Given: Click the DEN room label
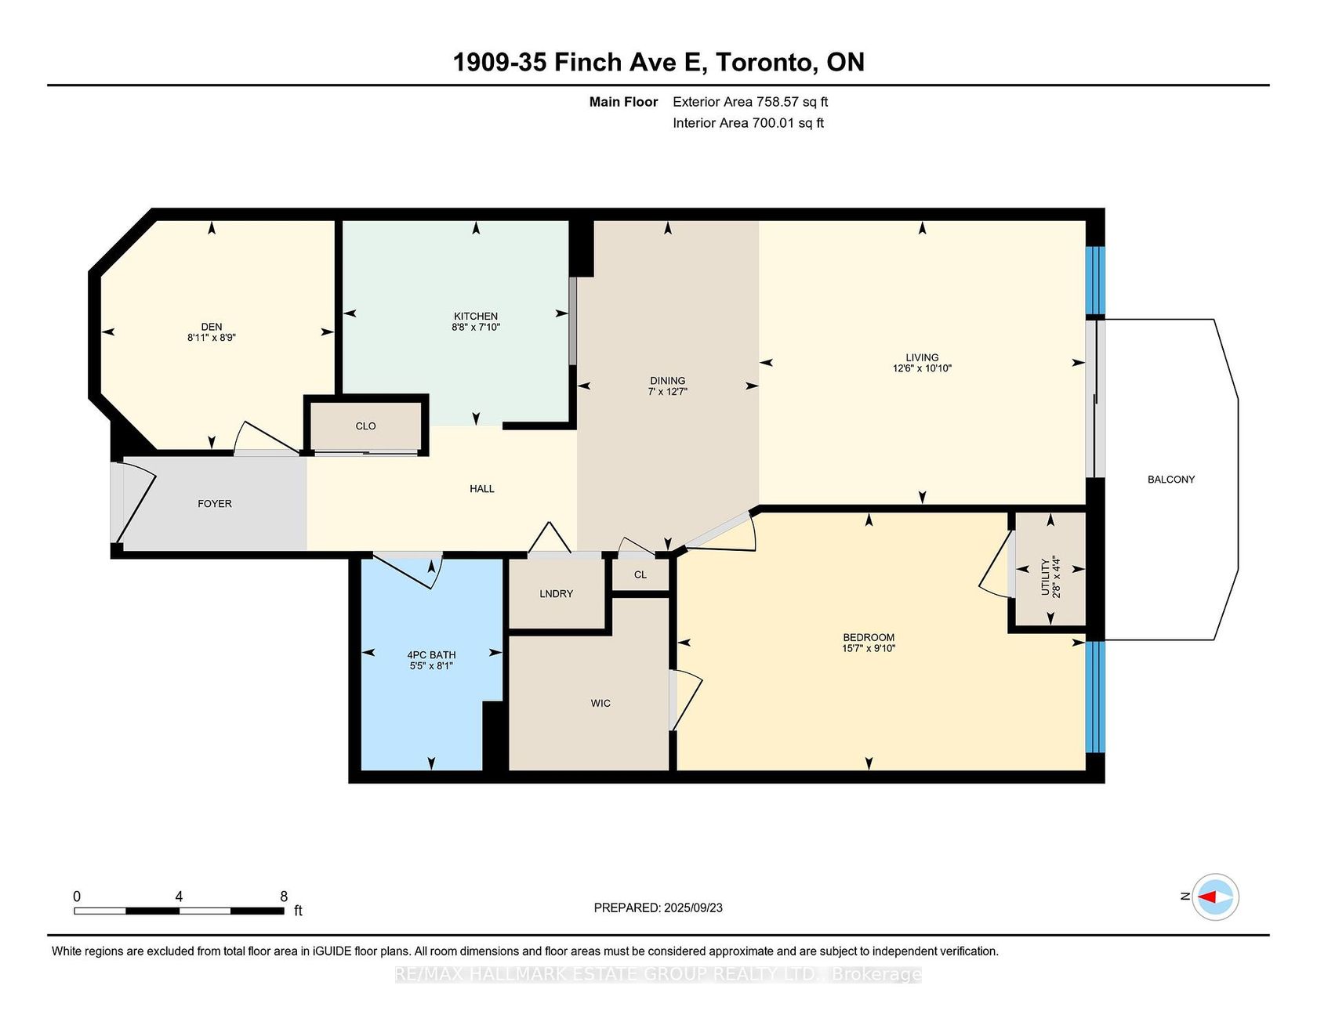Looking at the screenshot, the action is (212, 327).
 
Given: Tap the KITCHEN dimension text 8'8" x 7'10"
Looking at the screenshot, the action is (476, 327).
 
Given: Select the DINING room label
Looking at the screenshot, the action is (668, 381).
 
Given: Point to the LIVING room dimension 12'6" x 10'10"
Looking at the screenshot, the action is (922, 368).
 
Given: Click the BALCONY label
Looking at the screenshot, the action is (1171, 480).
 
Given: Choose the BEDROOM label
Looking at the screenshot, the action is (869, 637).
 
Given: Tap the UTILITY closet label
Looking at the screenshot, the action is (1045, 577).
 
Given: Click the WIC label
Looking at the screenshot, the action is (600, 703).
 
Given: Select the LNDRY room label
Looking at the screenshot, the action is (557, 593).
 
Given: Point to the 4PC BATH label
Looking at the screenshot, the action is (431, 654).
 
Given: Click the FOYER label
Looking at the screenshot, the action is (215, 503).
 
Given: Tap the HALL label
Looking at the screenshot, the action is (482, 488).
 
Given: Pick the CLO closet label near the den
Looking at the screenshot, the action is (366, 426).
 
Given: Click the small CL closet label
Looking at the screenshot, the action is (640, 574).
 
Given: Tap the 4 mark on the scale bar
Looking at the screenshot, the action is (180, 897).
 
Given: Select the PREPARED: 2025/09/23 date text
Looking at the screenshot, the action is (658, 908).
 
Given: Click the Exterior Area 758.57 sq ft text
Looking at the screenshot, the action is (750, 102).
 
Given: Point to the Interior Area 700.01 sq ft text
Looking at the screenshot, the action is (748, 123).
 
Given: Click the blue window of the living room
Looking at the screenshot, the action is (1095, 281).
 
